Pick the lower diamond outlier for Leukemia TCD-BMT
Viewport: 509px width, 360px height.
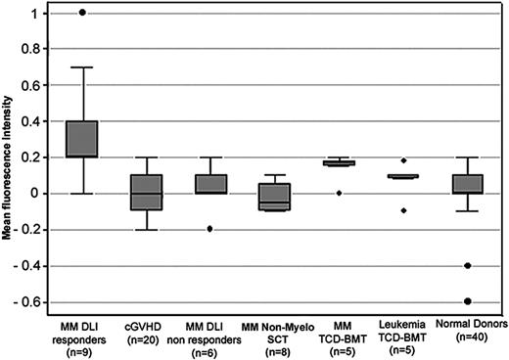click(x=399, y=210)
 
